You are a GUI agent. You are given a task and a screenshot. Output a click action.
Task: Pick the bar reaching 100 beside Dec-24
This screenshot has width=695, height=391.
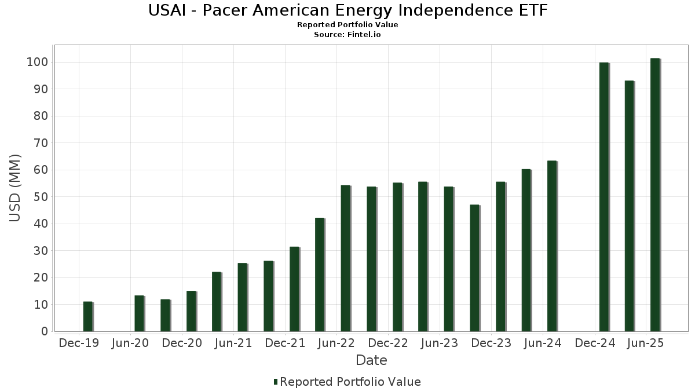603,197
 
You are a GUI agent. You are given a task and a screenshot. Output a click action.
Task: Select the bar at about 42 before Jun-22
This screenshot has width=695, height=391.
320,275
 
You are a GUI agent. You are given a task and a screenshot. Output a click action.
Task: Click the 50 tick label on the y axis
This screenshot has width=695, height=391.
40,197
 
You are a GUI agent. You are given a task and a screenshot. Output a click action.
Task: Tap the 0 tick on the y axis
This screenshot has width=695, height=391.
44,331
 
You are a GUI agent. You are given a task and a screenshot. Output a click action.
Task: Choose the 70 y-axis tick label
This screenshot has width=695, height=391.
40,143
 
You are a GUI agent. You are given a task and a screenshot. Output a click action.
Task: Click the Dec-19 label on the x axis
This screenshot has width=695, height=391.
79,344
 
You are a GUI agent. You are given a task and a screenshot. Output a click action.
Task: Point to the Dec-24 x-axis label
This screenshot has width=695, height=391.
595,344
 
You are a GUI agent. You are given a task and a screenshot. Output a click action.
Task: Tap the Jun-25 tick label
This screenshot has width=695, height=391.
646,344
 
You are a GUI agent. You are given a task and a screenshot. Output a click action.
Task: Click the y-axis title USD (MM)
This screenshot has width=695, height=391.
15,188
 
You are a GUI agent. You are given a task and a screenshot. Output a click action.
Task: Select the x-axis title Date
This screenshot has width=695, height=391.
371,360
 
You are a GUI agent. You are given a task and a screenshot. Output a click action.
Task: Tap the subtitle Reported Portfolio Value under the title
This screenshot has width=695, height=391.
348,25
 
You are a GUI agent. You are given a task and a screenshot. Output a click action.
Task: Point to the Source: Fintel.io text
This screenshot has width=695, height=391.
348,35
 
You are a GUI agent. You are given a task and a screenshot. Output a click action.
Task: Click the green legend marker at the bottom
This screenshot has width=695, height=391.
276,382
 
